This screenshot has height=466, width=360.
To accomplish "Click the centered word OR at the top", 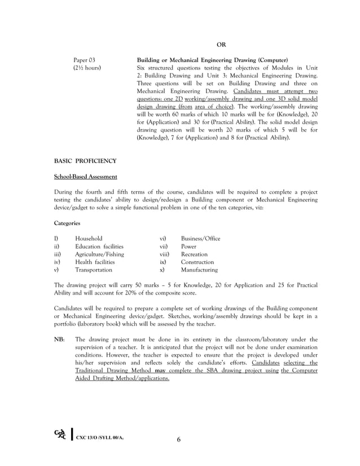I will (222, 45).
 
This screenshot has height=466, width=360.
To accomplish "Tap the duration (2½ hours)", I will (88, 67).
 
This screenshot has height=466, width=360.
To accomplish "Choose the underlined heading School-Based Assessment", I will (85, 177).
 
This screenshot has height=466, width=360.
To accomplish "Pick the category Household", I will (89, 239).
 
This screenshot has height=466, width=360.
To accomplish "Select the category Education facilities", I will (99, 247).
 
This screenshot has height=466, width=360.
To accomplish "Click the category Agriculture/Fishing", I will (99, 254).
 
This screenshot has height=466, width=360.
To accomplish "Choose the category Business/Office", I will (200, 239).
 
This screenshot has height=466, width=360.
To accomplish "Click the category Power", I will (188, 247).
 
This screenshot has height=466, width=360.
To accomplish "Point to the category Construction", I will (197, 262).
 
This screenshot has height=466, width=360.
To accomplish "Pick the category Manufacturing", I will (199, 270).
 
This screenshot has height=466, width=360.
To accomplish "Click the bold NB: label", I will (59, 339).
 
